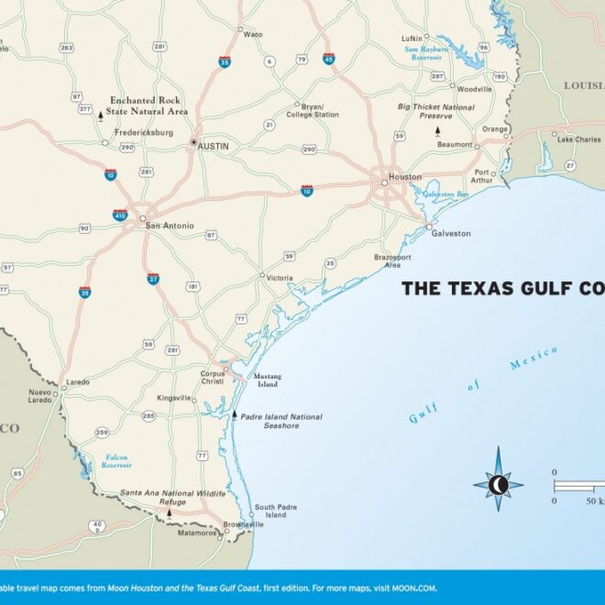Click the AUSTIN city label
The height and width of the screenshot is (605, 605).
214,146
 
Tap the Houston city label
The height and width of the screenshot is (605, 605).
404,177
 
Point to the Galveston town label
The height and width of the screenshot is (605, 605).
451,234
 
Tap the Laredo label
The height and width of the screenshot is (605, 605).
78,381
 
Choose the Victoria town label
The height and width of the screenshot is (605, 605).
280,278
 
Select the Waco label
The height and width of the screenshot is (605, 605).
253,34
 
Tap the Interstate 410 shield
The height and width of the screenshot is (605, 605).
120,214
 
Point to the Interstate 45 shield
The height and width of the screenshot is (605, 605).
328,59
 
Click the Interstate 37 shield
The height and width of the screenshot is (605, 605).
152,278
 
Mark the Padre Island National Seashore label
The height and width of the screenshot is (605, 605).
280,421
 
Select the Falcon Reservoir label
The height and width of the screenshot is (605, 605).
116,461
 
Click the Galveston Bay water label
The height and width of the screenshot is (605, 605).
446,194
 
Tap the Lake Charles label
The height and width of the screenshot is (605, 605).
578,139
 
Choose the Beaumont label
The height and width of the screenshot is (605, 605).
455,145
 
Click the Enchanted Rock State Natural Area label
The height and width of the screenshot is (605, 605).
148,105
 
